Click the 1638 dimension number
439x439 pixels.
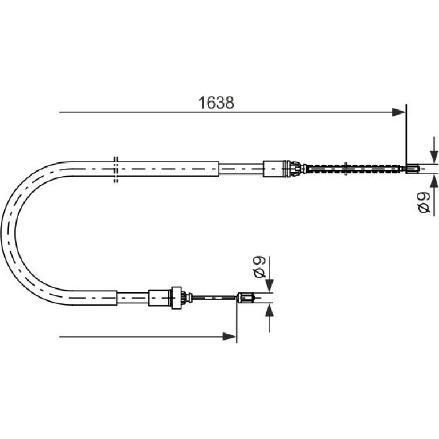click(216, 103)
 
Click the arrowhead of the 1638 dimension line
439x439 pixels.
click(399, 112)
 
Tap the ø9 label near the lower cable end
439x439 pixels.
click(259, 267)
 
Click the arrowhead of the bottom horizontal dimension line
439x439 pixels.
click(230, 336)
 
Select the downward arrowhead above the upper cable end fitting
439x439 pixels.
click(434, 157)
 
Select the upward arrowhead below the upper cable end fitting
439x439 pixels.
click(434, 181)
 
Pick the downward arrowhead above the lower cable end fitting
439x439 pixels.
click(269, 286)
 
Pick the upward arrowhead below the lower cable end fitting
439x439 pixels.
click(269, 310)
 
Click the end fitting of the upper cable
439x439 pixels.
click(412, 169)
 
